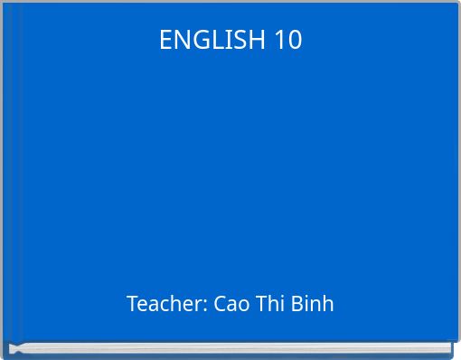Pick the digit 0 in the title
click(x=295, y=40)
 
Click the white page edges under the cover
click(x=230, y=348)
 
